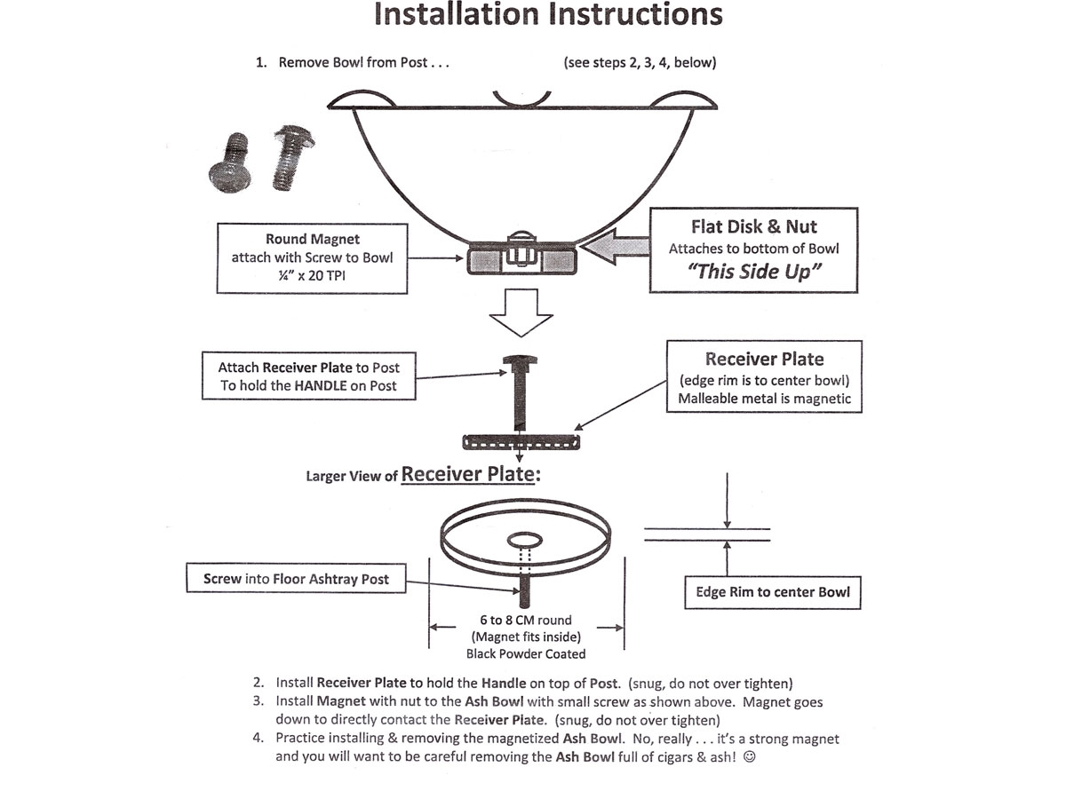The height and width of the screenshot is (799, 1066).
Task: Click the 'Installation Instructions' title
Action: pos(548,15)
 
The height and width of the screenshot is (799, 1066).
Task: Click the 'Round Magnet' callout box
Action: pos(311,257)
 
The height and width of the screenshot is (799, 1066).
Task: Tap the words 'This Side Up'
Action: pos(753,272)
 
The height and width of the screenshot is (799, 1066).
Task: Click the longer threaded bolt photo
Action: pos(290,159)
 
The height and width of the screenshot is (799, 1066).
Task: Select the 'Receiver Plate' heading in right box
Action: pos(764,360)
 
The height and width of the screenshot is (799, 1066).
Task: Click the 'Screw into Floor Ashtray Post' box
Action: pos(296,579)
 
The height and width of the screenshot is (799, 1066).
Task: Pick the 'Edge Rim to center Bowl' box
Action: pos(772,592)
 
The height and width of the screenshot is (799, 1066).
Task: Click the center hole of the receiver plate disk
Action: pos(524,540)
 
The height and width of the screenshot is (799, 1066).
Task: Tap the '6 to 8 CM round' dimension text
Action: pos(526,620)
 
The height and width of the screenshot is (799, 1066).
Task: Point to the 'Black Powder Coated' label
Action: pos(526,654)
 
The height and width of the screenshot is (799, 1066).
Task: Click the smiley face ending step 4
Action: pos(748,757)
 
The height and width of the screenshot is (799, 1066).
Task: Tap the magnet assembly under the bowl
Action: pos(520,259)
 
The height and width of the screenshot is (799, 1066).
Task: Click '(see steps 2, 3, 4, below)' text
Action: pos(640,63)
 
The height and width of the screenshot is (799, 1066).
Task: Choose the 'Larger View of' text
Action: pos(351,477)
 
